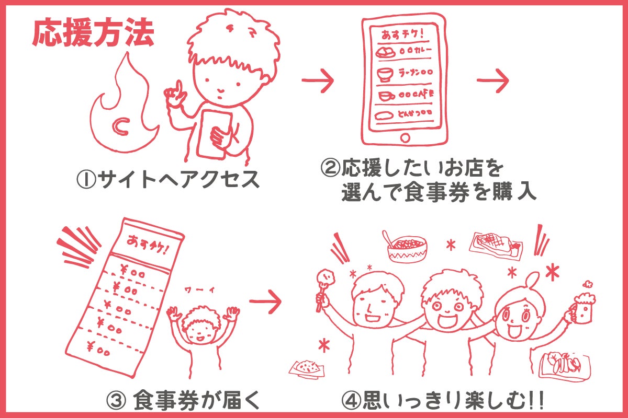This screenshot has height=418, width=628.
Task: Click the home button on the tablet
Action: pos(405,138)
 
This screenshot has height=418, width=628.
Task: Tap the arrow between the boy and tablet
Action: pos(318,81)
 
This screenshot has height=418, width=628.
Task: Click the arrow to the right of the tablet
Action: pos(492,81)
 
